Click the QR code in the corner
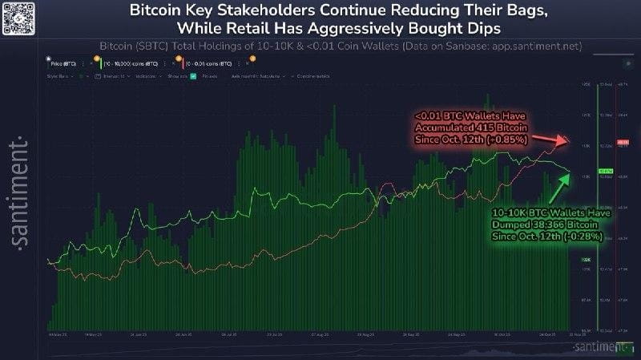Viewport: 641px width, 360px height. (x=16, y=17)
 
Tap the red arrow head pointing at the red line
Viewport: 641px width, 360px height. (x=567, y=141)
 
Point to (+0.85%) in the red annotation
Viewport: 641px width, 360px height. (x=503, y=140)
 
